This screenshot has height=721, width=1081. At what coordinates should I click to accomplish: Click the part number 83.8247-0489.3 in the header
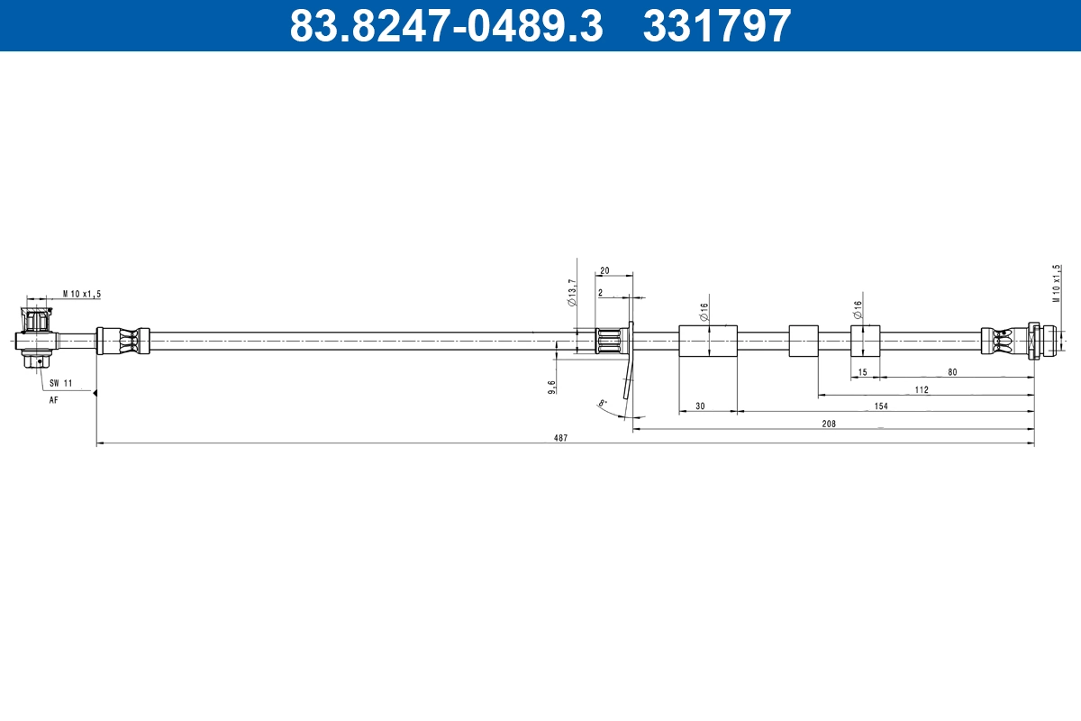[445, 25]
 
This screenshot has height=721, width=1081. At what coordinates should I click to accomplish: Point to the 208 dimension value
[829, 423]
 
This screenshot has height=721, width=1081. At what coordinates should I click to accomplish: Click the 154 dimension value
[881, 406]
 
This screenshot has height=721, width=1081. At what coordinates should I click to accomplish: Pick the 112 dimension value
[921, 389]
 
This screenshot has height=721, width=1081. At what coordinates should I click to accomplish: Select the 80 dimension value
[951, 372]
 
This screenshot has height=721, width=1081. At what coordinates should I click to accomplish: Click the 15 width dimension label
[862, 372]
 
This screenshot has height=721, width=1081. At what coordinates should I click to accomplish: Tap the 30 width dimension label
[700, 406]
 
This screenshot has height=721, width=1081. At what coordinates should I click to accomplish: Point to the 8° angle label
[603, 403]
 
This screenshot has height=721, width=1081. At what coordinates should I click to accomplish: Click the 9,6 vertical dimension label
[551, 387]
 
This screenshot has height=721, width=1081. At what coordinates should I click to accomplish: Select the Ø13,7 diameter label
[572, 293]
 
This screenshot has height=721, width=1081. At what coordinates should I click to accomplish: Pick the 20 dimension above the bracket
[604, 270]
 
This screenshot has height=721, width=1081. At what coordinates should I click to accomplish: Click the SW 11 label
[60, 383]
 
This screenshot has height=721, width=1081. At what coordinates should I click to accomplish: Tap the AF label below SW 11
[53, 399]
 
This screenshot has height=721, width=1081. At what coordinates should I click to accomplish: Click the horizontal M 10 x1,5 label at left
[82, 294]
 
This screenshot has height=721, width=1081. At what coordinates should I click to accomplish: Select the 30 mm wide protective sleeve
[708, 342]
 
